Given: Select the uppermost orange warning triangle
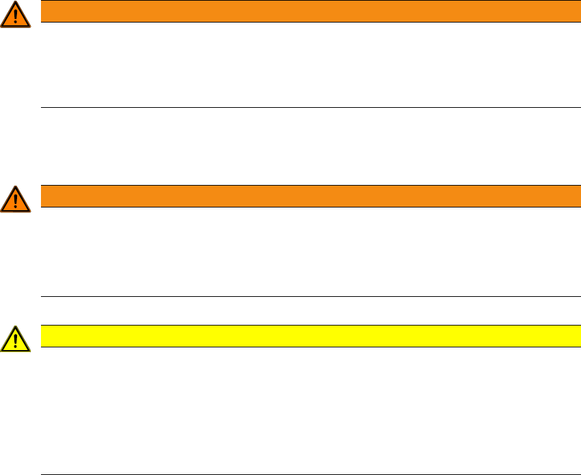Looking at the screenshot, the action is pyautogui.click(x=16, y=14).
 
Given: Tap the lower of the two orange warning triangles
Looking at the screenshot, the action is pyautogui.click(x=16, y=198).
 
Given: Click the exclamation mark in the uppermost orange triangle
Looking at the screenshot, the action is pyautogui.click(x=16, y=16).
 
